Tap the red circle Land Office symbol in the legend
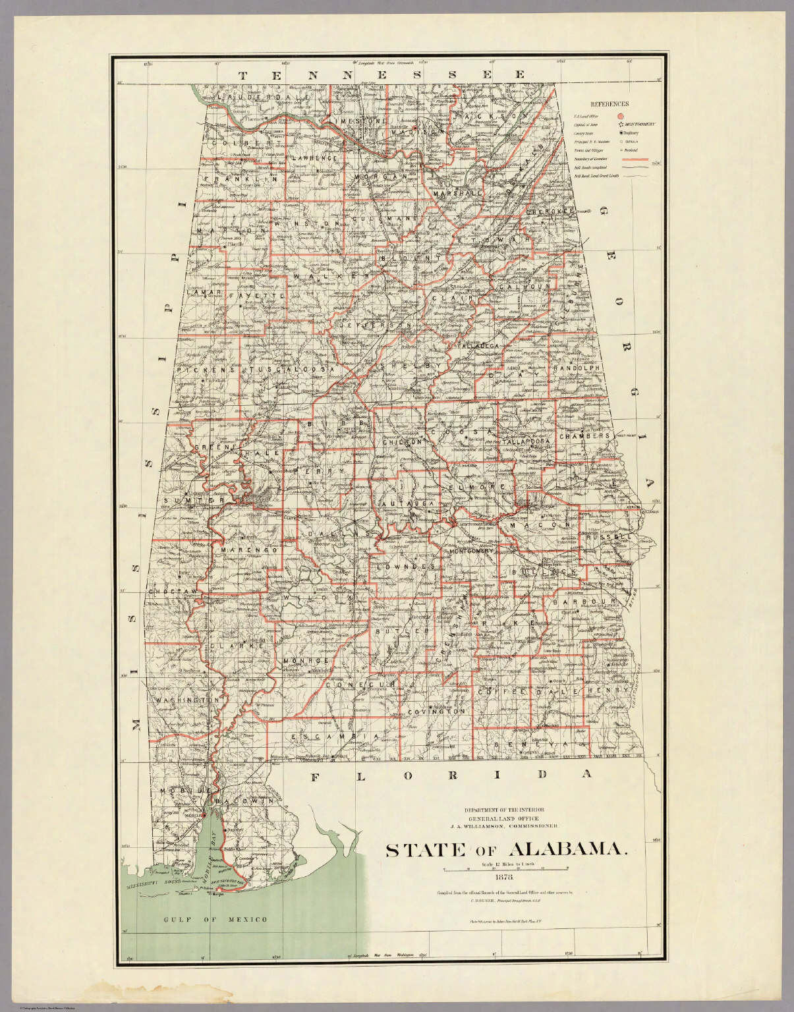(x=620, y=115)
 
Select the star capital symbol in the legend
(x=620, y=124)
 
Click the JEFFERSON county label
(x=375, y=325)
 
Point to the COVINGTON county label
(x=436, y=712)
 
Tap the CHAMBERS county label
(x=592, y=437)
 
